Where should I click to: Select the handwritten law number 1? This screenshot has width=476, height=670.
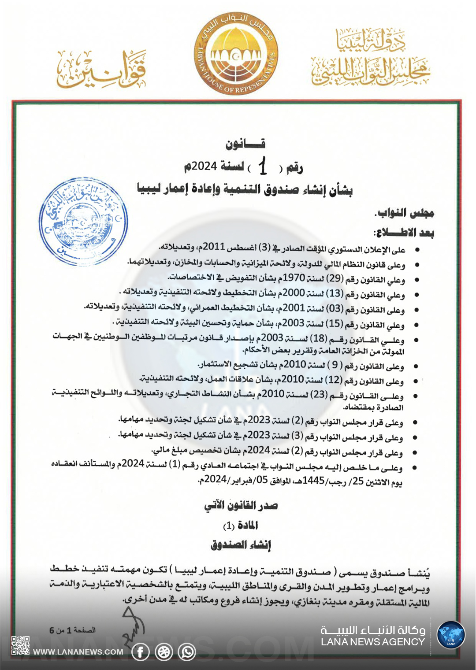point(263,167)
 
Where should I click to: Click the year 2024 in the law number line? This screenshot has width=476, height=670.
point(204,167)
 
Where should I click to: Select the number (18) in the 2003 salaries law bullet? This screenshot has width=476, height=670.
point(319,338)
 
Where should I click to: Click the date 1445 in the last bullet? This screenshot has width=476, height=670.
point(313,481)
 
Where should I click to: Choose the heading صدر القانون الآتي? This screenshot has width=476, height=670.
point(241,506)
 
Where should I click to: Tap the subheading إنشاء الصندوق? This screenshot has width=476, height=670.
point(241,545)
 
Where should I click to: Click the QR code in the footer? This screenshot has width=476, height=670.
point(20,645)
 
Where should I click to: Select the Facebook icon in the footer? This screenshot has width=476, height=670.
point(141,651)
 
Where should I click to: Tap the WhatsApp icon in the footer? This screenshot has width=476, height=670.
point(187,651)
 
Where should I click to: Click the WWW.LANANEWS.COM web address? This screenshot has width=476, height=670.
point(78,652)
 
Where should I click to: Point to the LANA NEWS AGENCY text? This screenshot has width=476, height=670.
point(372,642)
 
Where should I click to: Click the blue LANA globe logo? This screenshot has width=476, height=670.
point(450,635)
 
